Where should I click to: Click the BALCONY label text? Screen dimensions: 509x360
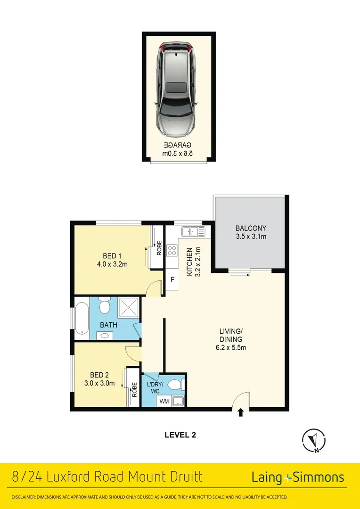pos(251,229)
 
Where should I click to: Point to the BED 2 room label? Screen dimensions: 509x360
pos(102,375)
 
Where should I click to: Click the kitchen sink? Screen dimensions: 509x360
pos(194,231)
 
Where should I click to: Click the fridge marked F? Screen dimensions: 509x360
pos(172,279)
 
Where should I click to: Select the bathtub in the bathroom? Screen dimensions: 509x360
pos(82,320)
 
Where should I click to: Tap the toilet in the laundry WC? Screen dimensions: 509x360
pos(178,385)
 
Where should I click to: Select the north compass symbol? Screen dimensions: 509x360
pos(313,441)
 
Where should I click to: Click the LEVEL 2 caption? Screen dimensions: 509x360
pos(180,435)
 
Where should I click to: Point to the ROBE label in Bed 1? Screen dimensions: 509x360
pos(159,248)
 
